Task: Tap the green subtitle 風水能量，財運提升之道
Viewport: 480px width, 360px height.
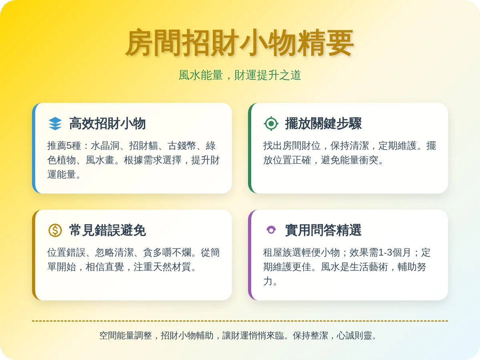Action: click(x=240, y=75)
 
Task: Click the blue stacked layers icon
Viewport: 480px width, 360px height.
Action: click(x=55, y=124)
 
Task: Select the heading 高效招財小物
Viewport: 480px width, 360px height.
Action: click(x=107, y=124)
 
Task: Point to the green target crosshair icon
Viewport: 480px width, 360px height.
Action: click(x=271, y=124)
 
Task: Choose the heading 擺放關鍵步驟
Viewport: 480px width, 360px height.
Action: click(x=323, y=124)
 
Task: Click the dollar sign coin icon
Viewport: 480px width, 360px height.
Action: click(x=55, y=230)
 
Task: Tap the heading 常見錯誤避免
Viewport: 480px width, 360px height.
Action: click(x=107, y=230)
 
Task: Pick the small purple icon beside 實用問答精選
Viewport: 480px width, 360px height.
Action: click(x=271, y=230)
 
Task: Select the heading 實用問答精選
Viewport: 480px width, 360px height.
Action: click(x=323, y=230)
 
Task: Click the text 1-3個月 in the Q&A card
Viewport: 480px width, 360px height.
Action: click(x=394, y=252)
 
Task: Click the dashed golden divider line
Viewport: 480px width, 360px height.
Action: click(x=240, y=321)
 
